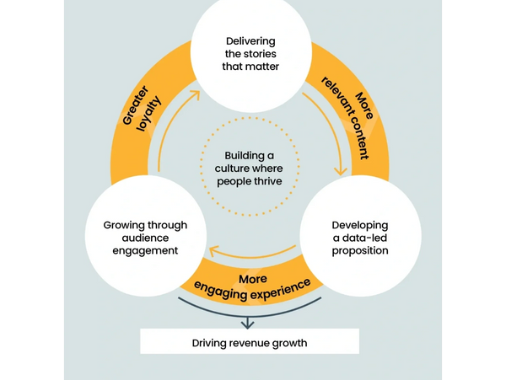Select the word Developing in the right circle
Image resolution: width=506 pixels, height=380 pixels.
(360, 226)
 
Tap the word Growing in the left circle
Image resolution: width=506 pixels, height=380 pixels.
(123, 226)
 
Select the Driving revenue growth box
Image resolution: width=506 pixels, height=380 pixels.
(249, 341)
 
